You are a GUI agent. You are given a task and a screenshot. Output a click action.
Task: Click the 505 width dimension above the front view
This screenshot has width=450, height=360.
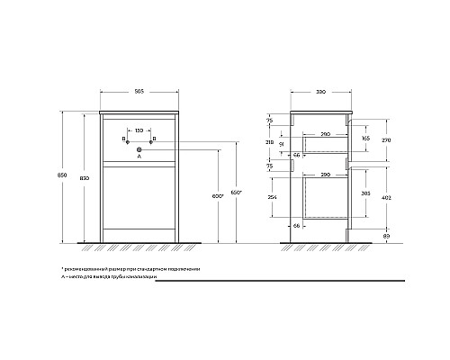point(137,91)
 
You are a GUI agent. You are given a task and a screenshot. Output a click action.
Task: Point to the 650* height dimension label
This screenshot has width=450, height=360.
point(236,193)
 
